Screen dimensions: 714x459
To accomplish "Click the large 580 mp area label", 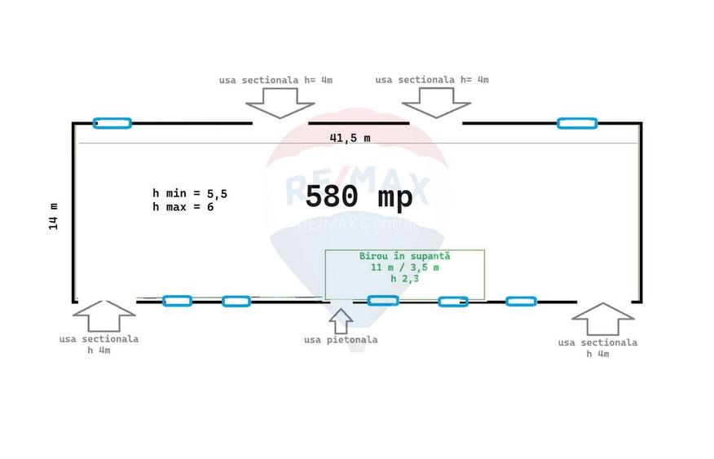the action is [359, 196].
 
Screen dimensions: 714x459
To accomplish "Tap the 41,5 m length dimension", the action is [350, 138].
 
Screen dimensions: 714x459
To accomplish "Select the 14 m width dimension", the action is [53, 216].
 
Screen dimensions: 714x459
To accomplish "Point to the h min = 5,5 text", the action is [189, 193].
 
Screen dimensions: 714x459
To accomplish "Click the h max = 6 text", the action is [183, 207].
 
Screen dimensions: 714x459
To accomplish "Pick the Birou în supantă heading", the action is [404, 256].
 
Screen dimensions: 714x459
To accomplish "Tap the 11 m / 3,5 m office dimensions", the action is [404, 267].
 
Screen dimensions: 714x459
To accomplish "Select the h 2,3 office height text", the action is [404, 278].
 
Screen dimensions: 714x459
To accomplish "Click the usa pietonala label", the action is [341, 340].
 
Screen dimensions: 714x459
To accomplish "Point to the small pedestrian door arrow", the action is [341, 321].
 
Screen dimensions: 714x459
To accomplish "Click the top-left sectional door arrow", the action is [280, 103].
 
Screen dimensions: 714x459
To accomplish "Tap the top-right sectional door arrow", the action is [436, 103].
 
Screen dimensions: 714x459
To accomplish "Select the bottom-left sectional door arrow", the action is [104, 316].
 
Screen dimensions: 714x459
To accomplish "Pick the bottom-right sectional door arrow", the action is [603, 319].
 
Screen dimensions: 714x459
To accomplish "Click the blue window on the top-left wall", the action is [112, 123].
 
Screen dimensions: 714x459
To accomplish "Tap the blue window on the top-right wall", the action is [577, 123].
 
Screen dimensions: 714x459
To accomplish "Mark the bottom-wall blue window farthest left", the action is [177, 301].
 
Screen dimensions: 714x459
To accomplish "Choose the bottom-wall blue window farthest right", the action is [521, 301].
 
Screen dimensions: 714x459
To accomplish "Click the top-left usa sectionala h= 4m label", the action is [275, 80].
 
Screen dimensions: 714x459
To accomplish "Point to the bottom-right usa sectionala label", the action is [597, 348].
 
